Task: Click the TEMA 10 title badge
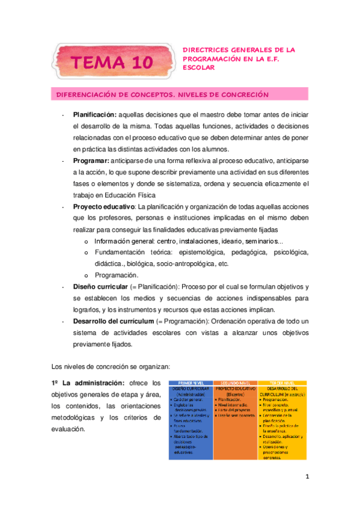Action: coord(112,61)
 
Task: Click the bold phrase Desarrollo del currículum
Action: coord(113,321)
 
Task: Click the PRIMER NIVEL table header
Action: coord(191,382)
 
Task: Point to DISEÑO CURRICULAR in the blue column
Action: coord(191,389)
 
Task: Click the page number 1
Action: coord(306,478)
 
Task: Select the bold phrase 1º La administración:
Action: coord(87,382)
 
